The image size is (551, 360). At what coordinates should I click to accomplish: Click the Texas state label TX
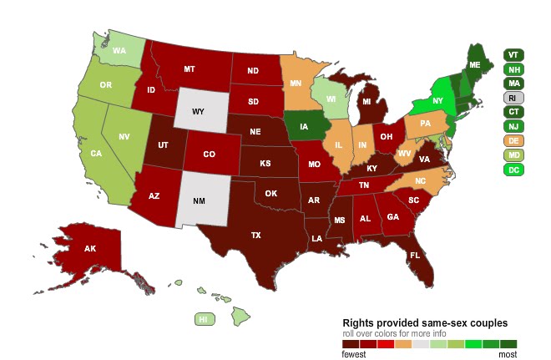pyautogui.click(x=257, y=236)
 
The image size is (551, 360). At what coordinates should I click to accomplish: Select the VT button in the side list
pyautogui.click(x=514, y=55)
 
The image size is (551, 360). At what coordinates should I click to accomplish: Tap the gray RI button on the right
pyautogui.click(x=514, y=98)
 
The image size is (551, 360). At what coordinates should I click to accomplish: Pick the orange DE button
pyautogui.click(x=514, y=140)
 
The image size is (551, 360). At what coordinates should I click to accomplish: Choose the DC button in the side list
pyautogui.click(x=514, y=170)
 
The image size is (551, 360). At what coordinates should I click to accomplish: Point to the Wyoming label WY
pyautogui.click(x=198, y=111)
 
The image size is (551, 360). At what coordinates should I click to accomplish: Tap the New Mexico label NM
pyautogui.click(x=199, y=201)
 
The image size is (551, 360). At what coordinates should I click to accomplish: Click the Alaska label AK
pyautogui.click(x=89, y=248)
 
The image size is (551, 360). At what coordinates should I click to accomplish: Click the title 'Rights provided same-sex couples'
pyautogui.click(x=425, y=323)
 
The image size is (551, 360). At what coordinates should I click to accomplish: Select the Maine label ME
pyautogui.click(x=475, y=64)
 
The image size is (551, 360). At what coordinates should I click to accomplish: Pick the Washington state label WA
pyautogui.click(x=119, y=50)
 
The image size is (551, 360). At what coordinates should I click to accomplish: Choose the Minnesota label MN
pyautogui.click(x=296, y=84)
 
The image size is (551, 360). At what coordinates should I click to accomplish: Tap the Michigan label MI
pyautogui.click(x=366, y=103)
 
